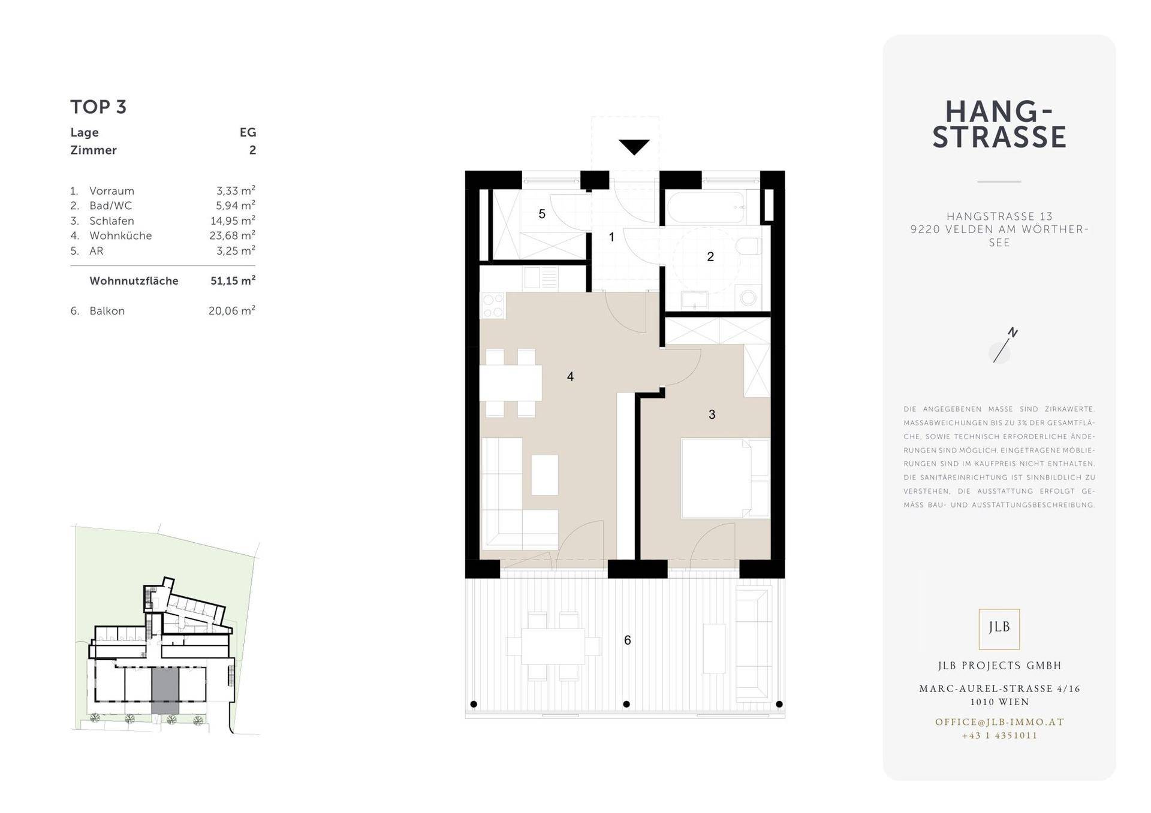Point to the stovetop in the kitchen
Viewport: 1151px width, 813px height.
493,306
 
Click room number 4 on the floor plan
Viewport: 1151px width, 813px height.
570,376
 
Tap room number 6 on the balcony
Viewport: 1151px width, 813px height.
628,640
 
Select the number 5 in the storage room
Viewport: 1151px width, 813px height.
542,214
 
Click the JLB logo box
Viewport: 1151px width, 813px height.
999,628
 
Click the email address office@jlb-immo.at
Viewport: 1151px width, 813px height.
999,722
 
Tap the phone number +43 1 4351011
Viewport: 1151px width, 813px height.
999,735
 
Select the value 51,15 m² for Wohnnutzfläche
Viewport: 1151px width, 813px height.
233,280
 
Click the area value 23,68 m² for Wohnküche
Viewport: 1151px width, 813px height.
232,235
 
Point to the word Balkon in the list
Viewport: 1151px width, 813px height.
107,310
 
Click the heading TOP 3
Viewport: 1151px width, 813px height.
98,107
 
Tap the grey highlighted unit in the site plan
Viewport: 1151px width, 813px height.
165,691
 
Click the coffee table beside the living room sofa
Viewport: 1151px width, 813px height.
544,474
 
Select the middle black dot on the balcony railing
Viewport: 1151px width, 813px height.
626,704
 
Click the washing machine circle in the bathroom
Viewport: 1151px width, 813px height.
748,298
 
